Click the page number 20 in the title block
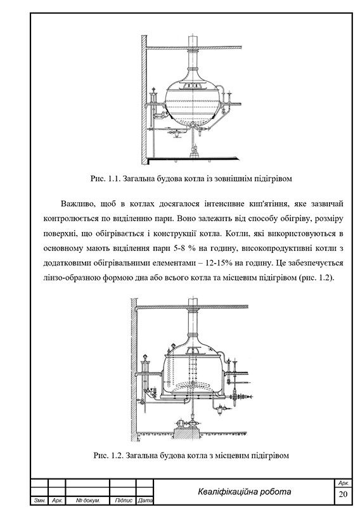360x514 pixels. (x=344, y=494)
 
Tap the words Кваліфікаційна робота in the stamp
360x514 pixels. (x=245, y=492)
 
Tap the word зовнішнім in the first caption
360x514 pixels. (x=229, y=179)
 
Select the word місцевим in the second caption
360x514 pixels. (x=229, y=455)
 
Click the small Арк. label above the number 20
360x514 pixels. (x=344, y=484)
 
